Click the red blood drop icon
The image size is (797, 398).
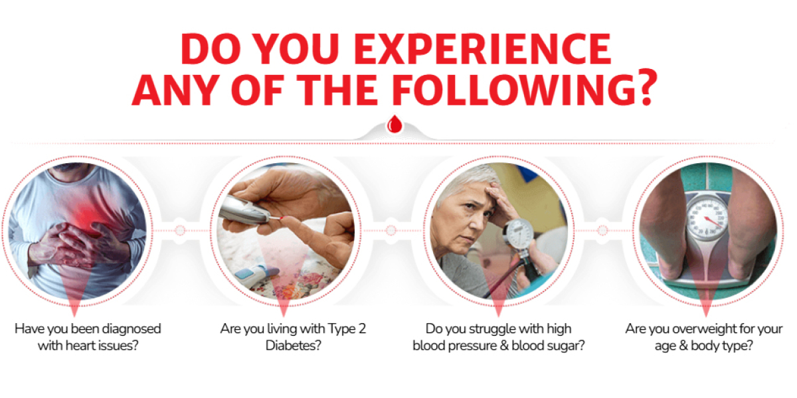tap(395, 124)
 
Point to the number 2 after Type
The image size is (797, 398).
tap(362, 329)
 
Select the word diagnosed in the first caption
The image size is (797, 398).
tap(132, 330)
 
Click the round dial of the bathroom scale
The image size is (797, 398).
tap(706, 218)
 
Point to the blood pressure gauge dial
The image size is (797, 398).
tap(518, 233)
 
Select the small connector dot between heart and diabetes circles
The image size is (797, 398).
tap(181, 231)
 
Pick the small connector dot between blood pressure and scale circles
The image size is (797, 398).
tap(602, 231)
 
